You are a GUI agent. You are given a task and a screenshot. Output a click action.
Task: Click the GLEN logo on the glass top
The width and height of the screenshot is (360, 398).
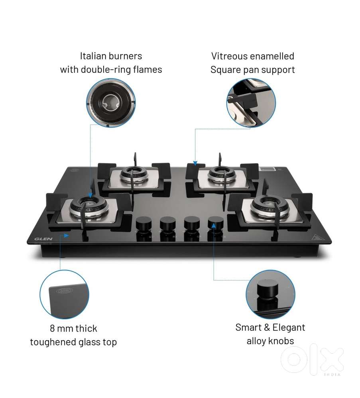[43, 239]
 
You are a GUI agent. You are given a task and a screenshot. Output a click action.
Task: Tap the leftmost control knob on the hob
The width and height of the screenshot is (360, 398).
[144, 224]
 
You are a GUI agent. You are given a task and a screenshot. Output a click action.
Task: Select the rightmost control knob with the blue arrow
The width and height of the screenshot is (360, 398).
[215, 223]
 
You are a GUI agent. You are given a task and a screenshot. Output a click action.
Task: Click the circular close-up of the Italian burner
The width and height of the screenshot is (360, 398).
[111, 103]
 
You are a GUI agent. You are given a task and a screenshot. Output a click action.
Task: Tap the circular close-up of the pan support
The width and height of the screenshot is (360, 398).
[251, 103]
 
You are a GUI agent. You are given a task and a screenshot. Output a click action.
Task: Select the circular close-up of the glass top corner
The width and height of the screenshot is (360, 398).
[65, 294]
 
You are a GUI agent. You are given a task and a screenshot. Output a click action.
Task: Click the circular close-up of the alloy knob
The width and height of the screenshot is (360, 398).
[271, 294]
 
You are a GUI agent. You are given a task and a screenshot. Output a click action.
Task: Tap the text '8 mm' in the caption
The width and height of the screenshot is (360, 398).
[61, 328]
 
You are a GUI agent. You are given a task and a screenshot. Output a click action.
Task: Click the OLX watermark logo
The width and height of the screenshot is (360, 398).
[312, 359]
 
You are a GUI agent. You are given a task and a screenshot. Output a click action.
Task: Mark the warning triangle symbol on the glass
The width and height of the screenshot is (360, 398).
[315, 237]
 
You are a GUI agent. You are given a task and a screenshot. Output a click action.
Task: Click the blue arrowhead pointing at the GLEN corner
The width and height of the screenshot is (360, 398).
[66, 235]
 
